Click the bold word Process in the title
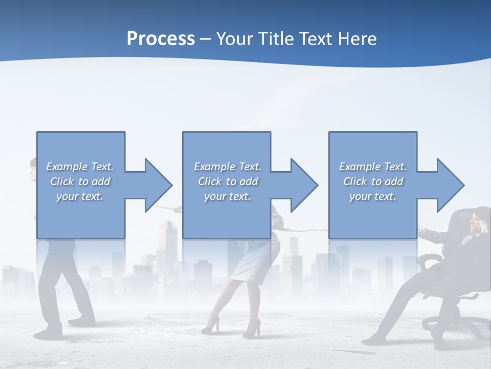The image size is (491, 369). pos(161,38)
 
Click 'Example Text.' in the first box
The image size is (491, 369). pos(80,167)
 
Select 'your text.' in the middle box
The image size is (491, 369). pos(227,196)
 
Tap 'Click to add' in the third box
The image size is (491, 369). pos(373,181)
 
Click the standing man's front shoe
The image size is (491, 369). pos(82,322)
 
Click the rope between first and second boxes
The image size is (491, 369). pos(166,208)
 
